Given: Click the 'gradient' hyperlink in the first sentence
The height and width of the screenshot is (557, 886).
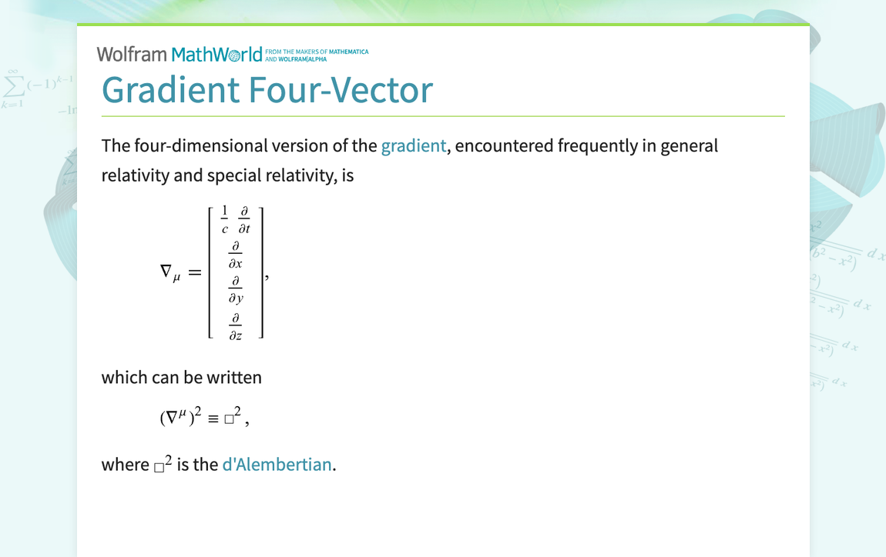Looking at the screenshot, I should tap(413, 145).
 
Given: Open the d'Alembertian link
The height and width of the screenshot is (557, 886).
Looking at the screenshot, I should tap(277, 464).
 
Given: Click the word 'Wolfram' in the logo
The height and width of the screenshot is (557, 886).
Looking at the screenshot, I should tap(132, 54).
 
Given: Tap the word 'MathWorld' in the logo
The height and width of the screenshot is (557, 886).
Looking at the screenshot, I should tap(216, 54).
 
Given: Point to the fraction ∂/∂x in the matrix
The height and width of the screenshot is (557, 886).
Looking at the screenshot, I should tap(236, 255).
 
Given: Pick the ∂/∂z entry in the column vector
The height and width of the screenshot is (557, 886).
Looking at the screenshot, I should tap(236, 326).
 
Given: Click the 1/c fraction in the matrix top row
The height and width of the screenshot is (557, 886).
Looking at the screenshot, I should tap(225, 219).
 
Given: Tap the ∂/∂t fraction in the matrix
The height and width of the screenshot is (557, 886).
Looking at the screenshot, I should tap(243, 219).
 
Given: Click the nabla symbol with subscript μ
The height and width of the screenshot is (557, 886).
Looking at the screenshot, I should tap(169, 272).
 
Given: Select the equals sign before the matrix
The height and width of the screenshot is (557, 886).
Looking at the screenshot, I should tap(194, 272).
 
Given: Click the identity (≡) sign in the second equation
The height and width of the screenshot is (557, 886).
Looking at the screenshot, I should tap(213, 419).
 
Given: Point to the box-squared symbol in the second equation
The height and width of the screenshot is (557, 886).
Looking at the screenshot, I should tap(233, 418).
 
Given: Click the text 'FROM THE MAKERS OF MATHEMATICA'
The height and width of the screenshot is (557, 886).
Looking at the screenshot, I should tap(317, 52).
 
